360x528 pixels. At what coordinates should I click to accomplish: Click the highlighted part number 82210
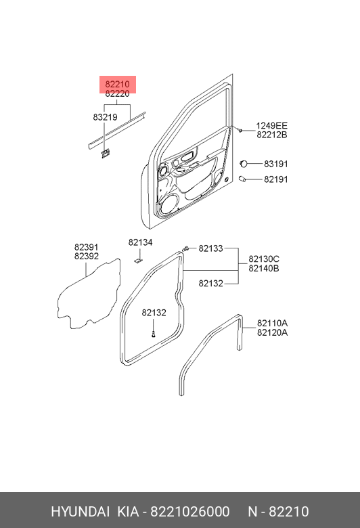click(x=117, y=84)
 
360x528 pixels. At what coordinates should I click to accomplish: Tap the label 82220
click(x=117, y=93)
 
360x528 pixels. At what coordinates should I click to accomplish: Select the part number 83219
click(x=105, y=117)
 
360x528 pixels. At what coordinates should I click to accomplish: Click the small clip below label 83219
click(x=105, y=153)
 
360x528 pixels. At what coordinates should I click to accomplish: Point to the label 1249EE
click(x=272, y=126)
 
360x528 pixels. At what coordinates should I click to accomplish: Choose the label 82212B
click(x=272, y=135)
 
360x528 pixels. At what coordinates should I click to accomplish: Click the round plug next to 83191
click(x=243, y=164)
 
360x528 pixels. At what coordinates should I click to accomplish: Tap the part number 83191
click(x=276, y=164)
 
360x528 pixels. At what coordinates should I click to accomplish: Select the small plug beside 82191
click(x=242, y=179)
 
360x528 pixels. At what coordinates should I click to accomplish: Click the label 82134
click(x=140, y=242)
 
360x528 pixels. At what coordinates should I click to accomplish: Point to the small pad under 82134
click(x=138, y=261)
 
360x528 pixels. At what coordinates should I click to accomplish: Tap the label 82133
click(x=211, y=248)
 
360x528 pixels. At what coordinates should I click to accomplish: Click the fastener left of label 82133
click(x=185, y=249)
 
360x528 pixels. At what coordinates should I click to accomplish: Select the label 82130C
click(x=264, y=259)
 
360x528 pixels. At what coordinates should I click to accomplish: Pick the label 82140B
click(x=264, y=268)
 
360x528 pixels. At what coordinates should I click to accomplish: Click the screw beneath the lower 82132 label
click(x=154, y=334)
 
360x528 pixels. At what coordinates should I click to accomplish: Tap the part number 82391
click(x=87, y=248)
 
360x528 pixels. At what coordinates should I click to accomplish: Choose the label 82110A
click(x=272, y=324)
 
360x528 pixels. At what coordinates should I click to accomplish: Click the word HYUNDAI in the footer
click(x=80, y=512)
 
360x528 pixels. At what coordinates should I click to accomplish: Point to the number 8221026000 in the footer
click(x=190, y=512)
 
